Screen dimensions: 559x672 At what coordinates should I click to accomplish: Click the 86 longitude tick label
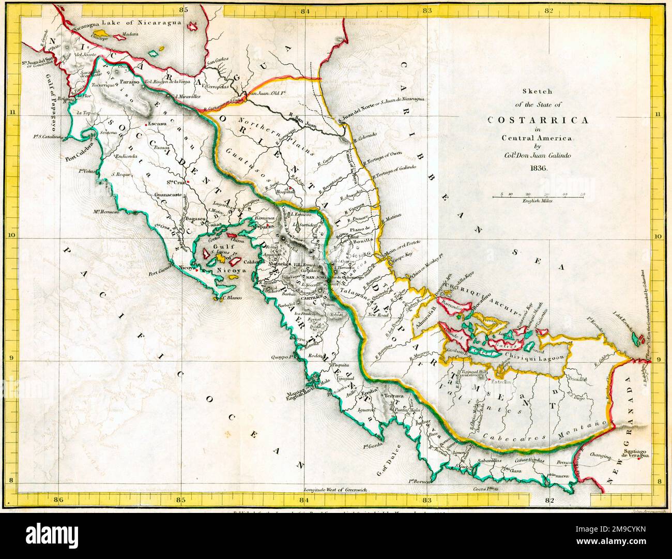pos(58,499)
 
